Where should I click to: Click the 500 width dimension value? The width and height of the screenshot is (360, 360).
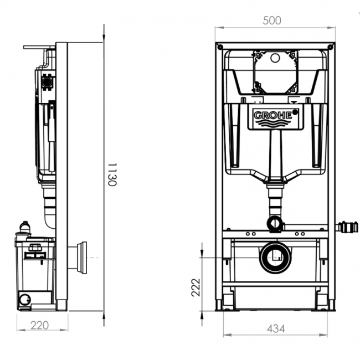[x=272, y=20]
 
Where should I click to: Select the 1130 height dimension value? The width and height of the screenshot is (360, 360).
[x=112, y=174]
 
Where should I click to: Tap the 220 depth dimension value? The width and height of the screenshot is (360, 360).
[x=39, y=325]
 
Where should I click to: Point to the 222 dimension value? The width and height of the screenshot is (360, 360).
[x=196, y=287]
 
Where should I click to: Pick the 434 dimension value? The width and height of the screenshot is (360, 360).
[x=276, y=329]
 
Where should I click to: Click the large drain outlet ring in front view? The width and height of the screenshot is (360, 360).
[x=275, y=258]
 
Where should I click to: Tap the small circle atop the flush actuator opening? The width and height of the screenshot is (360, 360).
[x=275, y=58]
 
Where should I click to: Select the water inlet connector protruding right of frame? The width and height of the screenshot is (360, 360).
[x=347, y=227]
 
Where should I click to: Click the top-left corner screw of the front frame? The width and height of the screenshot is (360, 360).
[x=220, y=47]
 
